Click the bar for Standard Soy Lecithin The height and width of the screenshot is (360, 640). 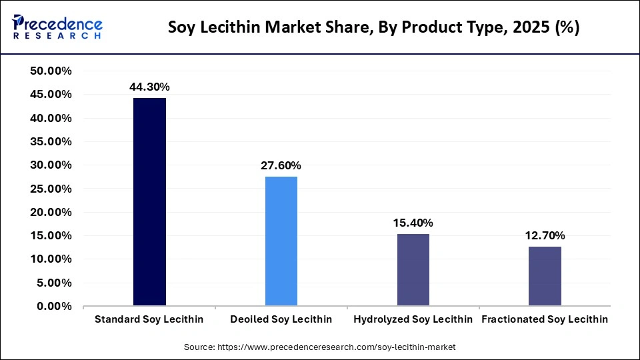149,202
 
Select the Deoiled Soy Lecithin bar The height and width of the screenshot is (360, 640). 281,241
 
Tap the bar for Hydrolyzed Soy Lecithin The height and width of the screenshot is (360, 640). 413,270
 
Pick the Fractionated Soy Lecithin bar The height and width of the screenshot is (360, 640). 545,276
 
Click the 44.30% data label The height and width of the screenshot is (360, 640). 149,87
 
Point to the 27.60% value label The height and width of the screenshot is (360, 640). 281,165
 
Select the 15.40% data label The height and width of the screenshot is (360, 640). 413,223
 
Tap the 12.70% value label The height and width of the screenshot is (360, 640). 545,235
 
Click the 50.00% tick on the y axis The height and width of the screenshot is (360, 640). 51,71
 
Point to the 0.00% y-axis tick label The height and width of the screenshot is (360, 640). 54,306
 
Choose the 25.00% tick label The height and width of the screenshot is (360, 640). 51,189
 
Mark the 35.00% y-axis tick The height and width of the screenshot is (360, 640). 51,141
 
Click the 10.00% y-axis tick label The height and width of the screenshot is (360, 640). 51,259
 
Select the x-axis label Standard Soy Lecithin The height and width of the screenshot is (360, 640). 149,319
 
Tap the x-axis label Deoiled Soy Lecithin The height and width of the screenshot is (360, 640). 281,319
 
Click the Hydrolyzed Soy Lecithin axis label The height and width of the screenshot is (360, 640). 413,319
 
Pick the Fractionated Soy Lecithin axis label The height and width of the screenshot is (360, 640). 545,319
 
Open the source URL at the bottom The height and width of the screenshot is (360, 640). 319,347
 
